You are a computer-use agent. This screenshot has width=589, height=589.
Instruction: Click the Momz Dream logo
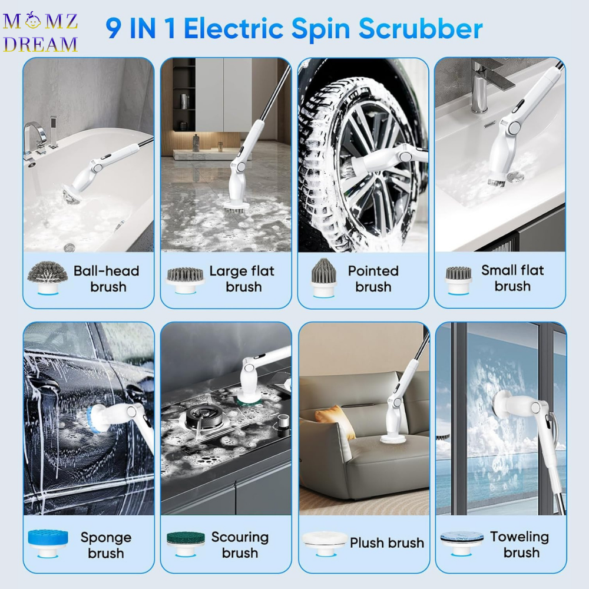point(40,32)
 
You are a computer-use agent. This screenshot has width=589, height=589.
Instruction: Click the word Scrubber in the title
point(421,28)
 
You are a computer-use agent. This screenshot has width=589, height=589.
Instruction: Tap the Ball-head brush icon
point(48,277)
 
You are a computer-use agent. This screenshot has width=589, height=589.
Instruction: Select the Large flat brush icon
point(185,280)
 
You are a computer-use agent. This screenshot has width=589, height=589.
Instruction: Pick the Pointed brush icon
point(323,278)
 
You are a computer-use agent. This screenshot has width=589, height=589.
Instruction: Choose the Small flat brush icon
point(459,280)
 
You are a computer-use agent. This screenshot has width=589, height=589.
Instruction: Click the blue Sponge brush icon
point(48,543)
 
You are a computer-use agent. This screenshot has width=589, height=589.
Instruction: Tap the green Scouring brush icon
point(185,544)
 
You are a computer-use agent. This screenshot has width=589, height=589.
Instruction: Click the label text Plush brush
point(387,543)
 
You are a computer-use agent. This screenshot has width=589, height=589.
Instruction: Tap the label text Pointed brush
point(373,279)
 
